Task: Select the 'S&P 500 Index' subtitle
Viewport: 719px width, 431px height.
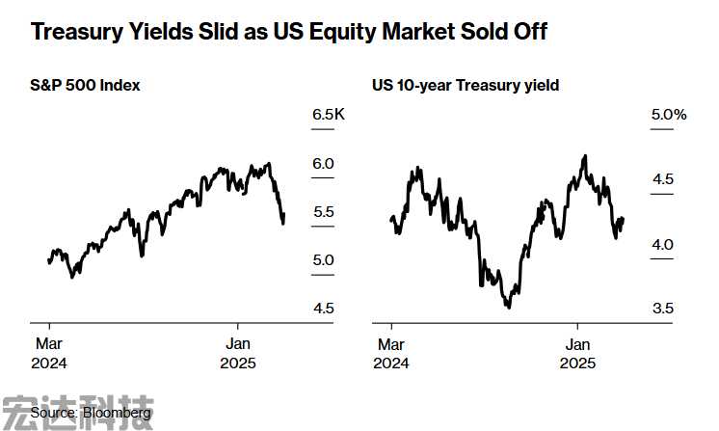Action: pos(86,86)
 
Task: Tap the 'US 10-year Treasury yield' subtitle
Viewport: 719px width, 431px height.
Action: pos(466,86)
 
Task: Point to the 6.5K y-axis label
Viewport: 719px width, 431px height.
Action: pos(328,116)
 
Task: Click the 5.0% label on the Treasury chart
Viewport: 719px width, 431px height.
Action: pos(668,116)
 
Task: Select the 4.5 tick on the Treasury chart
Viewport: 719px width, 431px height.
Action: pos(662,180)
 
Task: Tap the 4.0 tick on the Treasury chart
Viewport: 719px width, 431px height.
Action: pos(662,245)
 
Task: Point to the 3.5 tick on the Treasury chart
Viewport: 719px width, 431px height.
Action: pos(662,309)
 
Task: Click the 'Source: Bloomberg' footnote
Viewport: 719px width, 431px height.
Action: pos(91,414)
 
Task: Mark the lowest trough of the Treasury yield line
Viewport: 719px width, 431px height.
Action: pos(507,307)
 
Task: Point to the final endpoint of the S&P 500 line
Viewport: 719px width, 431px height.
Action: pos(283,223)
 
